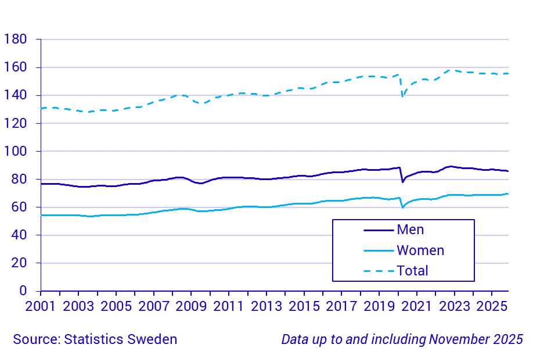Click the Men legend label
coord(410,230)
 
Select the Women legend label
coord(420,250)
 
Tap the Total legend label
coord(412,270)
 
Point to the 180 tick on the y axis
coord(15,40)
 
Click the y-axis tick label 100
coord(15,151)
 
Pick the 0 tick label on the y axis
coord(23,291)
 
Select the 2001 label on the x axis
coord(41,306)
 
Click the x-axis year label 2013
coord(266,306)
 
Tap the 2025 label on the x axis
coord(492,306)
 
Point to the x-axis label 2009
coord(192,306)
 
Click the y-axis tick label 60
coord(19,207)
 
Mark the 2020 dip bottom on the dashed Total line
coord(402,96)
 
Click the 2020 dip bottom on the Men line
coord(402,182)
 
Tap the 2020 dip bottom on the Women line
coord(402,207)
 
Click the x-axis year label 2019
coord(379,306)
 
